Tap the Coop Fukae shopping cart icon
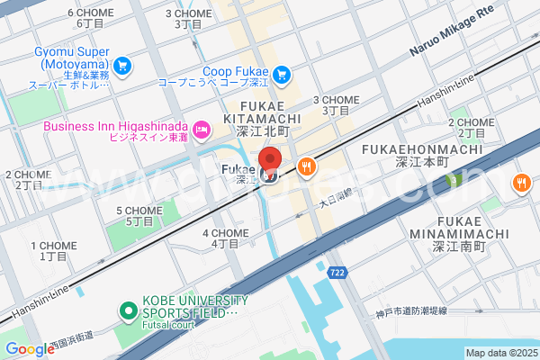282,74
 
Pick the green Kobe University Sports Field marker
129,312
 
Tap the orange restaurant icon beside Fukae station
307,166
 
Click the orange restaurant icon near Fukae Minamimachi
521,183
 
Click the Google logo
30,349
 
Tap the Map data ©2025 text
500,352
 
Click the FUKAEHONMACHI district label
421,148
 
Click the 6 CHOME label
90,13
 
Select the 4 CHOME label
225,232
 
